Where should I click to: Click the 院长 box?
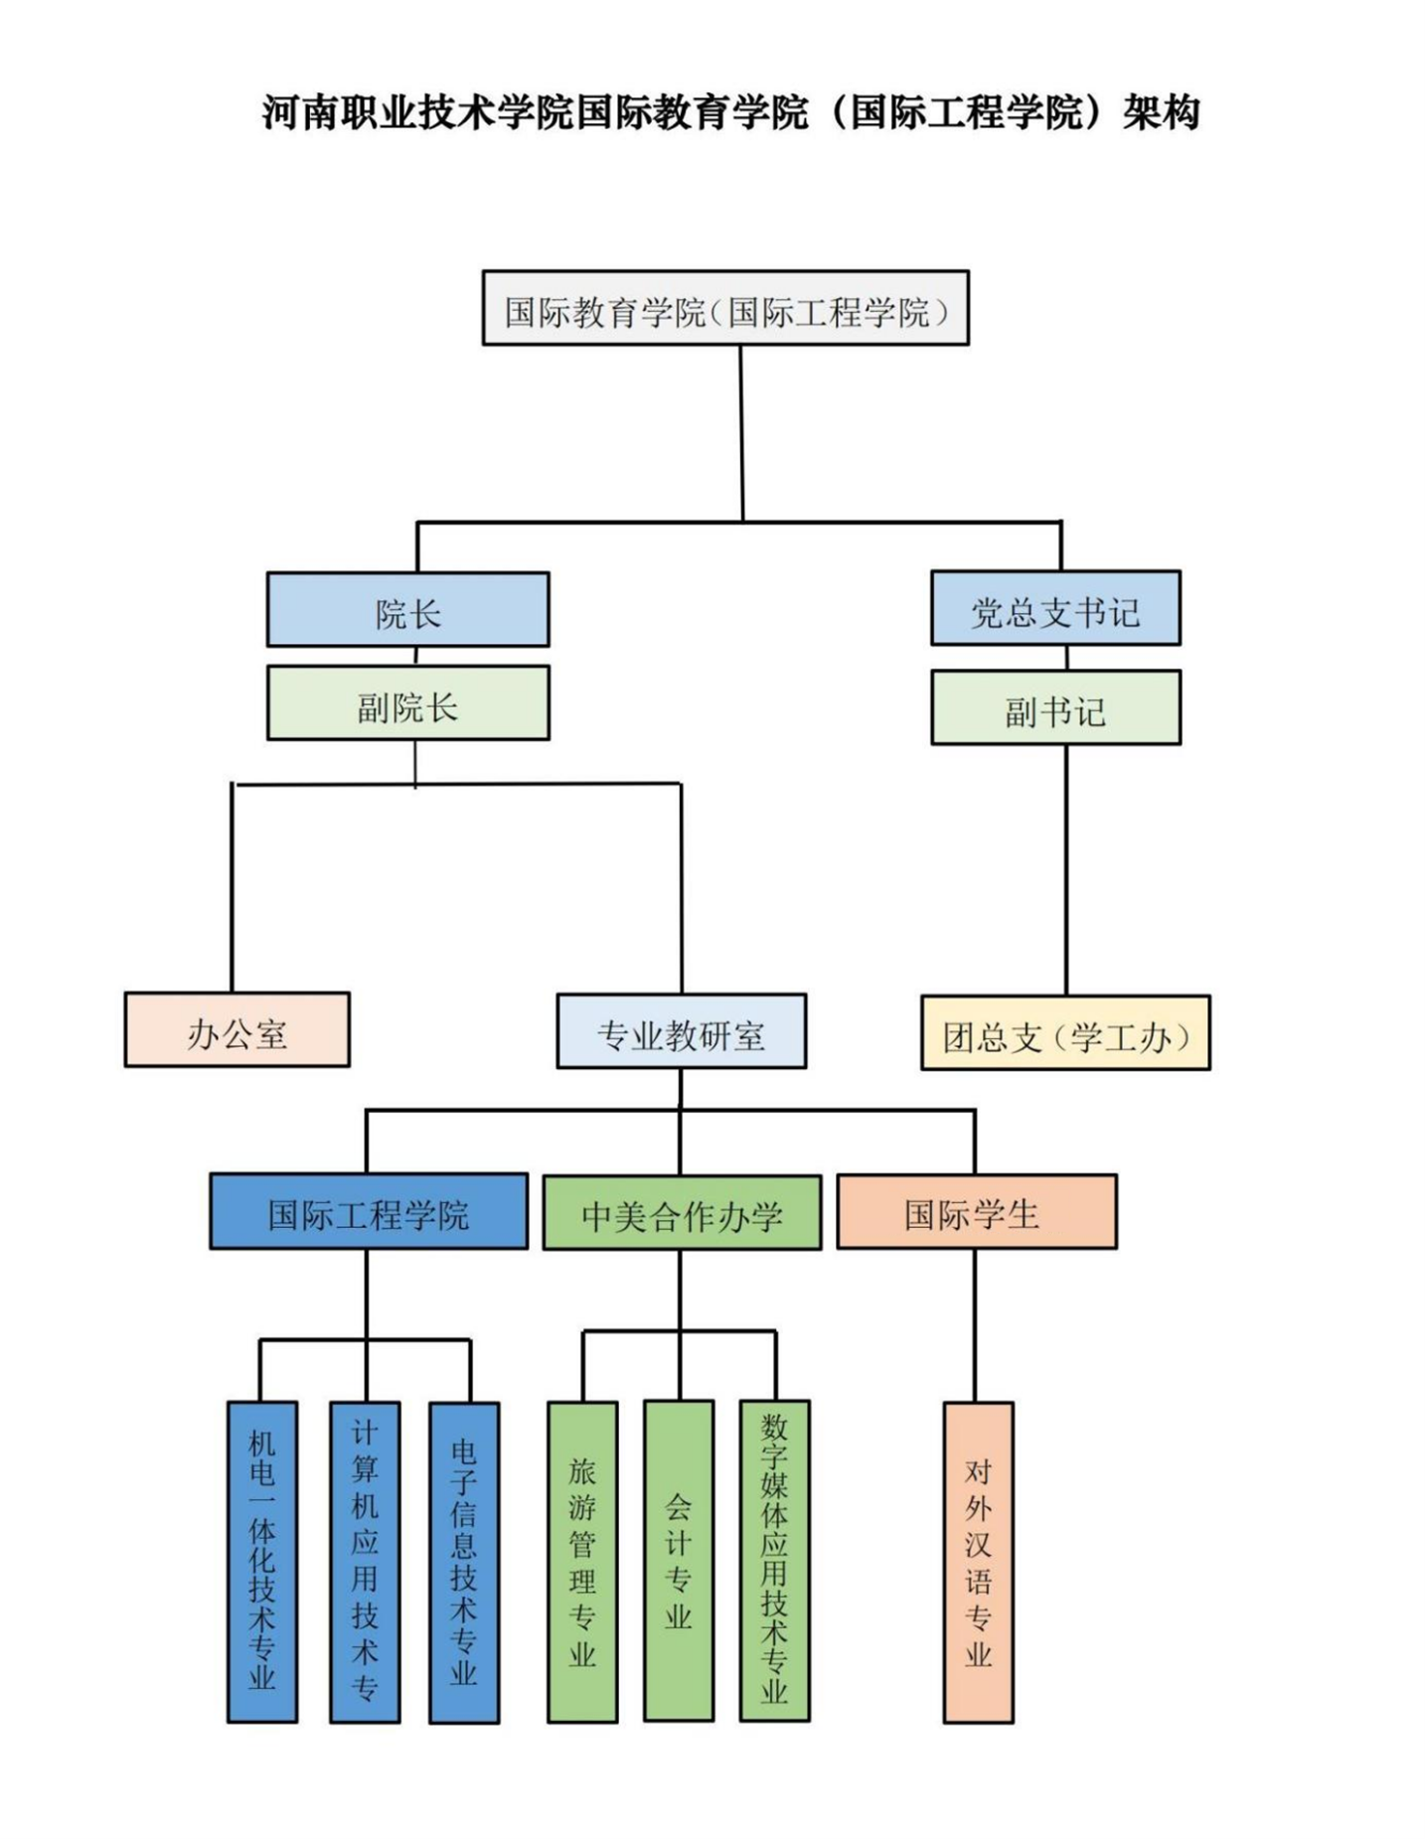point(407,609)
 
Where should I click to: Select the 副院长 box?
point(407,702)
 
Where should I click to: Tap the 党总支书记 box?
point(1055,608)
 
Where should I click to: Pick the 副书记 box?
point(1055,707)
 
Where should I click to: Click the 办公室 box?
point(237,1029)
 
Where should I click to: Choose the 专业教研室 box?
point(681,1031)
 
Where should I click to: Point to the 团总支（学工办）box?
point(1065,1032)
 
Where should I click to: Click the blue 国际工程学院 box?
point(368,1211)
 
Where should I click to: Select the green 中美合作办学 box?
point(682,1212)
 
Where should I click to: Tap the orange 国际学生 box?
point(976,1211)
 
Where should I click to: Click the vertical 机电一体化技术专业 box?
point(262,1561)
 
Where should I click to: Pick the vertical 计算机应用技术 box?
point(365,1561)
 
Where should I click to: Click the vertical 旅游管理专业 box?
point(582,1561)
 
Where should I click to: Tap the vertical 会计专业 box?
point(679,1560)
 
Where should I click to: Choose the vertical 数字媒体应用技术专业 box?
point(774,1560)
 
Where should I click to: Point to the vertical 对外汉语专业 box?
point(978,1561)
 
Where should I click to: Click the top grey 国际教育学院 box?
point(725,308)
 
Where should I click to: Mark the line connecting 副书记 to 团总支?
point(1066,869)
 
